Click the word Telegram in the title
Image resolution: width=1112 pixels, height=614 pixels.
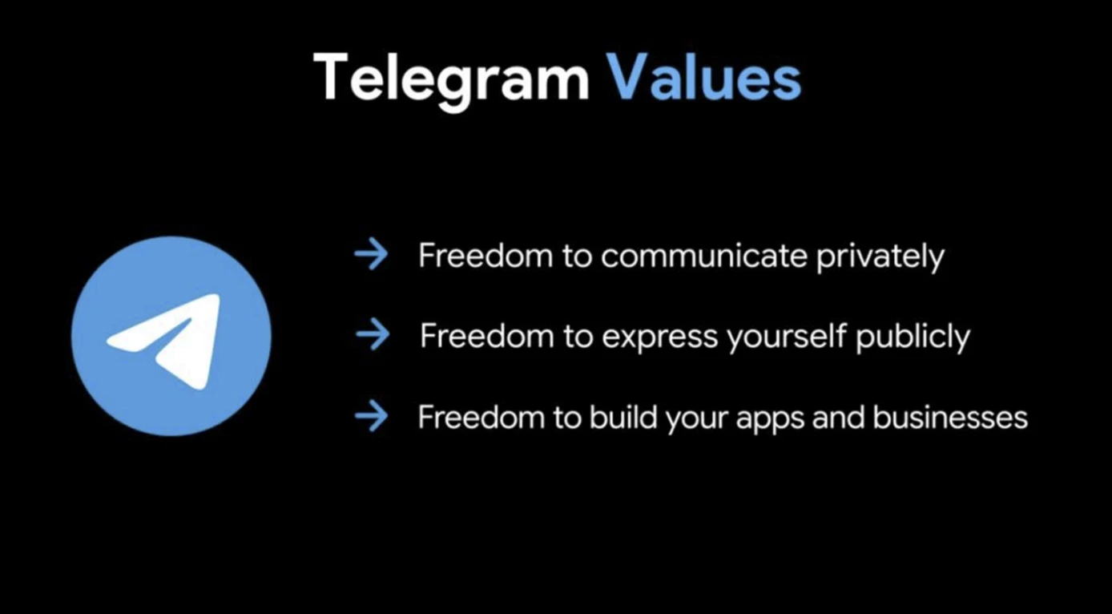[451, 80]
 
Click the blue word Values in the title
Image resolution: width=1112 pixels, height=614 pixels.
[704, 77]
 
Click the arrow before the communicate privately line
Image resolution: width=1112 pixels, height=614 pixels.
[371, 254]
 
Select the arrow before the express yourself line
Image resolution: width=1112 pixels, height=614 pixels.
[373, 334]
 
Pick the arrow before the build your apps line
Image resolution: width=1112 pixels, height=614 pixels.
[371, 415]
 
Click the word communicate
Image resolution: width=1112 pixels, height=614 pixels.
[704, 256]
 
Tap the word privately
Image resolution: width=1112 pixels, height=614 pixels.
[880, 257]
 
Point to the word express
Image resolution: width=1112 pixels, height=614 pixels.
[660, 337]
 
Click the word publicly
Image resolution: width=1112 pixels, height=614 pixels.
[913, 337]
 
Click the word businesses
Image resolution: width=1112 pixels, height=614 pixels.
[950, 416]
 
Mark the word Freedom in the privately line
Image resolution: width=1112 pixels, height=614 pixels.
[485, 256]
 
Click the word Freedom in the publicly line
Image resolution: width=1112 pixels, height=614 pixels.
[487, 336]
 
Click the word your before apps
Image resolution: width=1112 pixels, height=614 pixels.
[697, 419]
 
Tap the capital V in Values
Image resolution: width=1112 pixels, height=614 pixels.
[627, 77]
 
